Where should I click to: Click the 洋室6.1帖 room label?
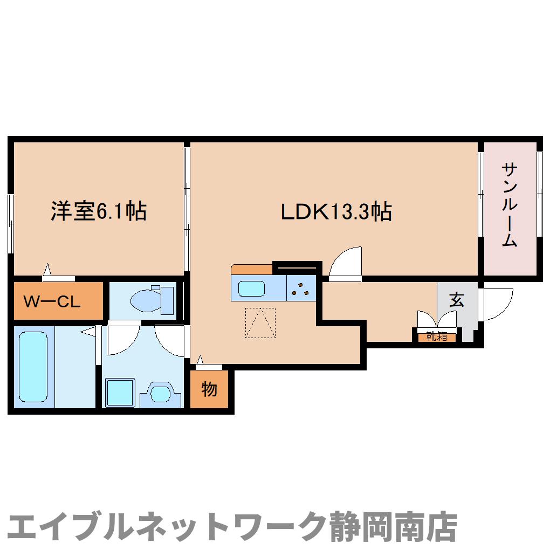pyautogui.click(x=99, y=211)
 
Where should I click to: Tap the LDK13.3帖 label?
pyautogui.click(x=335, y=212)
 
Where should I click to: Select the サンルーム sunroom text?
pyautogui.click(x=510, y=205)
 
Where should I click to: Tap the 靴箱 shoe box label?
pyautogui.click(x=437, y=338)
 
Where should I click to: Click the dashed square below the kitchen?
pyautogui.click(x=260, y=322)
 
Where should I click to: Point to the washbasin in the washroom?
pyautogui.click(x=160, y=393)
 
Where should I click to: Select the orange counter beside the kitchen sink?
pyautogui.click(x=252, y=269)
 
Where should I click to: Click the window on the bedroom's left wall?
pyautogui.click(x=10, y=222)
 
